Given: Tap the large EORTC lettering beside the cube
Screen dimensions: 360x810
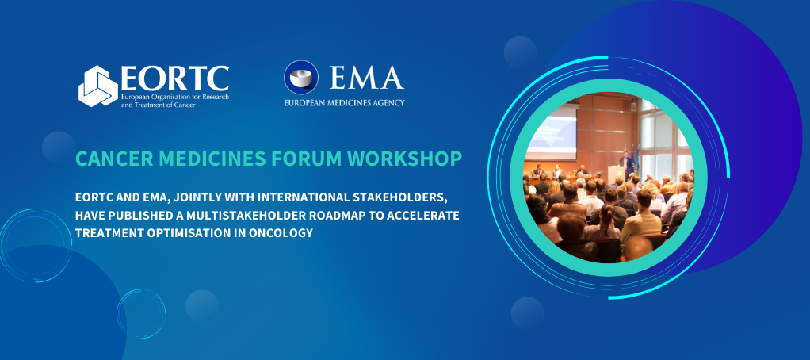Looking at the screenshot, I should (x=174, y=78).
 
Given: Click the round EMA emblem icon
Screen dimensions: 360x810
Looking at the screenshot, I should (x=301, y=78).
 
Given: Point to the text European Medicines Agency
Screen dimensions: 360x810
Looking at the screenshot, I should (x=345, y=103).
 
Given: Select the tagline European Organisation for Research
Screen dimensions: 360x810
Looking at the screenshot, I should (x=173, y=95).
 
